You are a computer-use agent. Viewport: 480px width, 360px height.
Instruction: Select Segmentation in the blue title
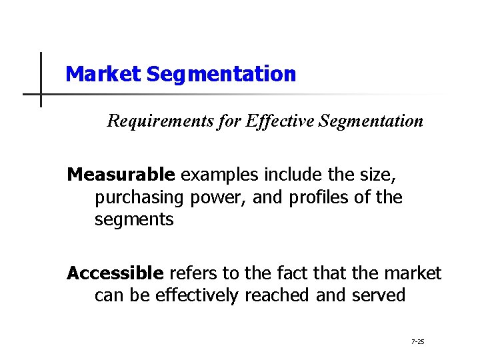point(221,74)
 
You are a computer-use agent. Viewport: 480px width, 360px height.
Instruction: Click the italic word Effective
point(275,121)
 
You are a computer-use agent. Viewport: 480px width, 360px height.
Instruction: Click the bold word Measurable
point(121,175)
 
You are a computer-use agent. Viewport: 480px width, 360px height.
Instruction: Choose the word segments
point(134,219)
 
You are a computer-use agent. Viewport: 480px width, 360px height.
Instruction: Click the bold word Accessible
point(115,273)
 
